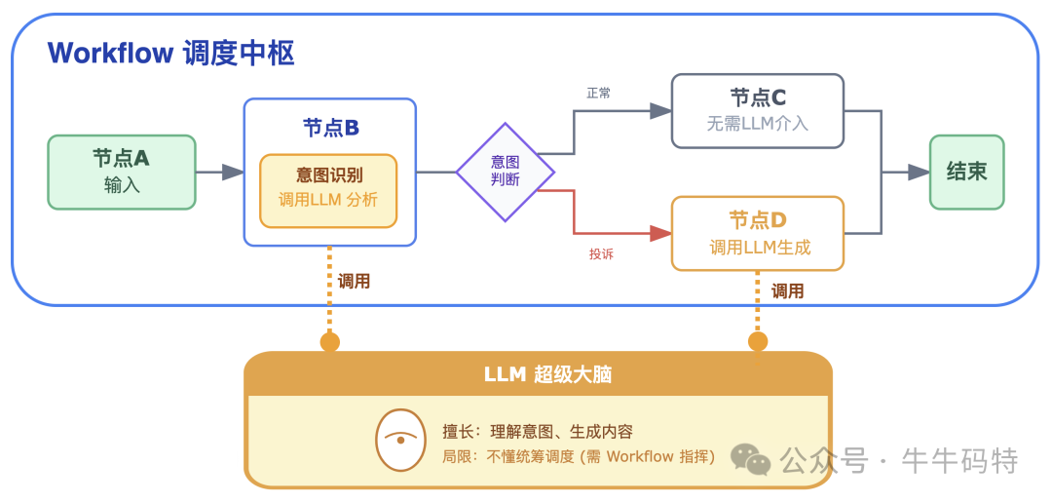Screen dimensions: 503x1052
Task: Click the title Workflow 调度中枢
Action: [170, 53]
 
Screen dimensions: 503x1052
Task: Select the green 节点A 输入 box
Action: [122, 172]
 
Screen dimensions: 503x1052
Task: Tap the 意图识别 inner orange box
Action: [328, 190]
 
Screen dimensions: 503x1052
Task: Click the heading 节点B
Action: [330, 128]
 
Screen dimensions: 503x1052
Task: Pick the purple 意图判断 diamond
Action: [506, 172]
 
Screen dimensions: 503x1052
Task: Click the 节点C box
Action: [758, 110]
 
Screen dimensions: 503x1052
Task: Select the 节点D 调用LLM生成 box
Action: [758, 233]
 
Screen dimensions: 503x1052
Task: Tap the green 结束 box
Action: [966, 172]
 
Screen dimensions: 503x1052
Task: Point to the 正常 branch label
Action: [599, 94]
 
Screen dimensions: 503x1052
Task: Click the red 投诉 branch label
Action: [601, 253]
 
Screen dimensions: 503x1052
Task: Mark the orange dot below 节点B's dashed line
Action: [330, 341]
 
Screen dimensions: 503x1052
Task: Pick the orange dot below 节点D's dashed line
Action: [758, 341]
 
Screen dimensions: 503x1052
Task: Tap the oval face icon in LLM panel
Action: [399, 439]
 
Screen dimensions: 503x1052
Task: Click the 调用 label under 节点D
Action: [788, 290]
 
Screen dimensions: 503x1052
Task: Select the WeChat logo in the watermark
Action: [751, 458]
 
